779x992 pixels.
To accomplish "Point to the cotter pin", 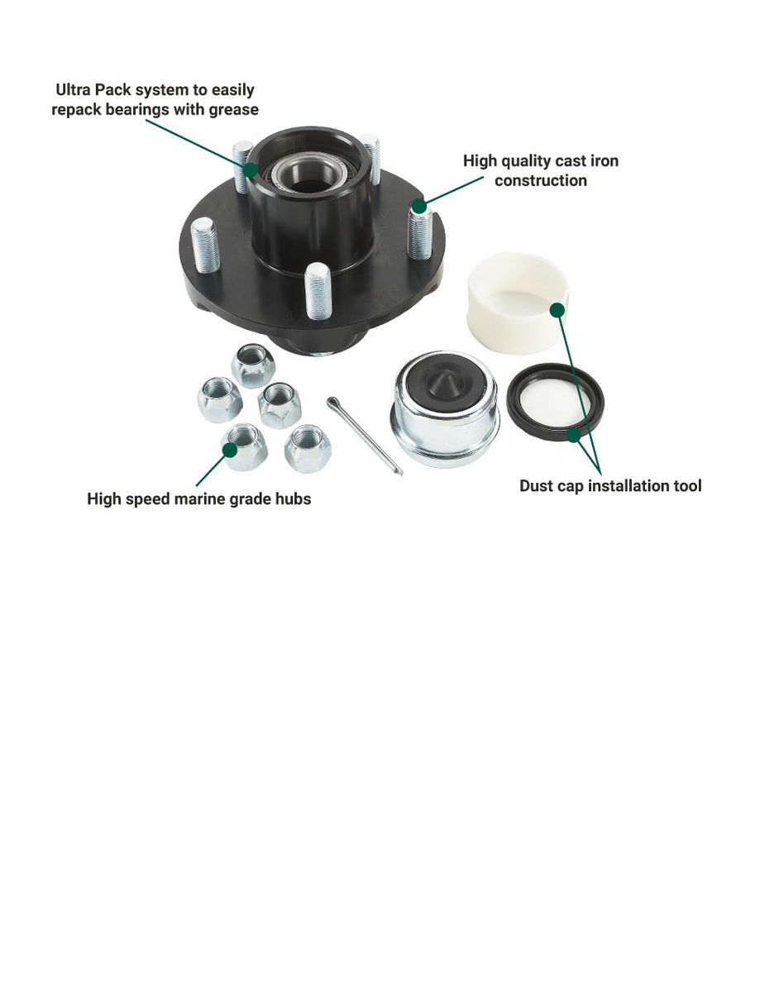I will pos(364,435).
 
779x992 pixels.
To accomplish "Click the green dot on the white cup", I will pos(557,309).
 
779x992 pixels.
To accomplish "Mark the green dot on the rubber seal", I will pos(574,433).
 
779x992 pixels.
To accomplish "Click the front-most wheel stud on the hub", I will pos(318,290).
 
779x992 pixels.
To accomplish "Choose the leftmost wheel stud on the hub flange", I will pos(204,244).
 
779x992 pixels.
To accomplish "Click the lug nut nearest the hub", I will pos(253,364).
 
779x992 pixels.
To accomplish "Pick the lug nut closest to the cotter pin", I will pos(308,447).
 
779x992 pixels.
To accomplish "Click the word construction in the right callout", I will pos(541,180).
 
